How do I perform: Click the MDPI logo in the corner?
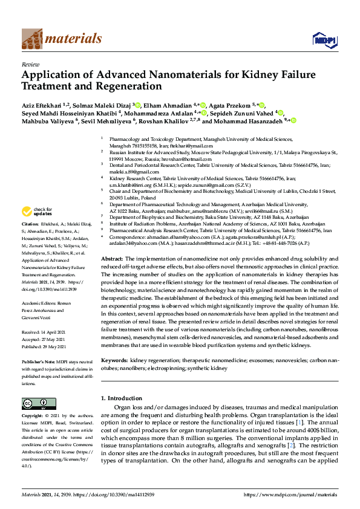point(324,39)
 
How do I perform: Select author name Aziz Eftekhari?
point(42,104)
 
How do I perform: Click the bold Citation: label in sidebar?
point(31,224)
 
